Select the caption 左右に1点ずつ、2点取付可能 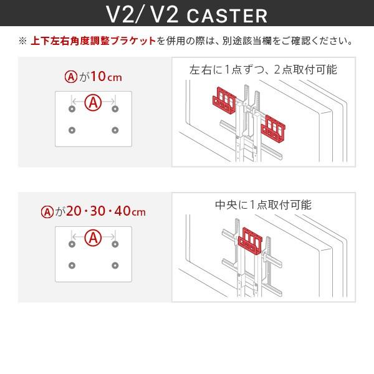(x=263, y=69)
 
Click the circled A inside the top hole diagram (x=93, y=102)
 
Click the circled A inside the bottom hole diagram (x=93, y=237)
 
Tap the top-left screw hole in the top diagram (x=72, y=110)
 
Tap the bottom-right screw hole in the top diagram (x=115, y=130)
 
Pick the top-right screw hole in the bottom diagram (x=115, y=244)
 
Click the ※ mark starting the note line (x=23, y=42)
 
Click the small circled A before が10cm (x=70, y=78)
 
